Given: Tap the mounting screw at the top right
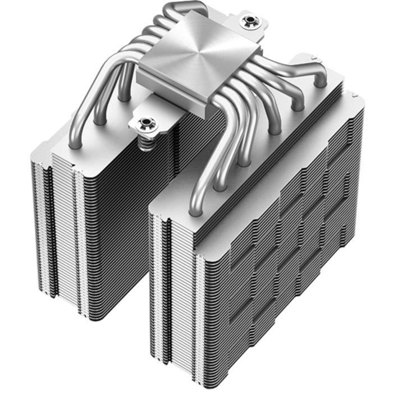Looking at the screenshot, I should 247,22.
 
